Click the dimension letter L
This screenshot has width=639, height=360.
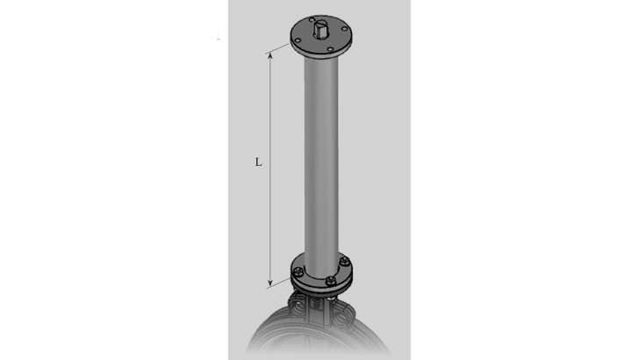[258, 162]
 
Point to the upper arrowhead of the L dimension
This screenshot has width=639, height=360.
[270, 55]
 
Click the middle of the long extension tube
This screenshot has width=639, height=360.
[322, 158]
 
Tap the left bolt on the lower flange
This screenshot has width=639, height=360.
[299, 270]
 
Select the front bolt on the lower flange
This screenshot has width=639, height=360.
[330, 281]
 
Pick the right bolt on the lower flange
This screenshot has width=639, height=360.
[345, 261]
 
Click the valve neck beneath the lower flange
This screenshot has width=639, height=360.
[322, 303]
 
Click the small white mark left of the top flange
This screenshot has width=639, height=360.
[219, 37]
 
